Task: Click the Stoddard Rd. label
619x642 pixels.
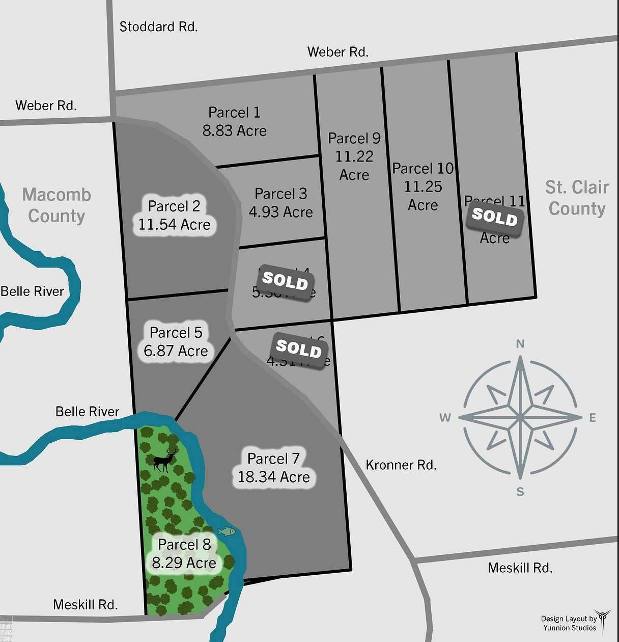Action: pyautogui.click(x=158, y=26)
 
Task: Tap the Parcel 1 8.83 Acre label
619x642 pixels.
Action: pyautogui.click(x=234, y=122)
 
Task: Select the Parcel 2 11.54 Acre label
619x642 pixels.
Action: pyautogui.click(x=174, y=216)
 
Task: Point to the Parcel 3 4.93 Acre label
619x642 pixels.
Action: pyautogui.click(x=280, y=203)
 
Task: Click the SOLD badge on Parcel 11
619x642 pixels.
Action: pyautogui.click(x=495, y=218)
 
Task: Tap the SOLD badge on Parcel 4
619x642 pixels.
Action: pyautogui.click(x=285, y=281)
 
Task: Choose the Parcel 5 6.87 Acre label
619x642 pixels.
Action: pyautogui.click(x=176, y=342)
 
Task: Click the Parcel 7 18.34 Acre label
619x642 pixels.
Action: pyautogui.click(x=274, y=468)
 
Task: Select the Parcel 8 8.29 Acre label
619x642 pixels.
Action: pyautogui.click(x=184, y=554)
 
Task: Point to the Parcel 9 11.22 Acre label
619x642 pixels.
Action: pyautogui.click(x=354, y=156)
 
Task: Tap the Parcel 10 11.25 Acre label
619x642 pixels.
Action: pyautogui.click(x=423, y=186)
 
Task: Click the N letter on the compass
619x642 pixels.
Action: pyautogui.click(x=520, y=344)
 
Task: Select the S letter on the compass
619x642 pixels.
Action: pyautogui.click(x=520, y=492)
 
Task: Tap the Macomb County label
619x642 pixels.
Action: pyautogui.click(x=57, y=205)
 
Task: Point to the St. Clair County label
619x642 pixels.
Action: pyautogui.click(x=577, y=198)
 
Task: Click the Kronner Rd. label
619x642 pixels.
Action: pyautogui.click(x=401, y=465)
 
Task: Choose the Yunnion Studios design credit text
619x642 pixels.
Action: pyautogui.click(x=569, y=623)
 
